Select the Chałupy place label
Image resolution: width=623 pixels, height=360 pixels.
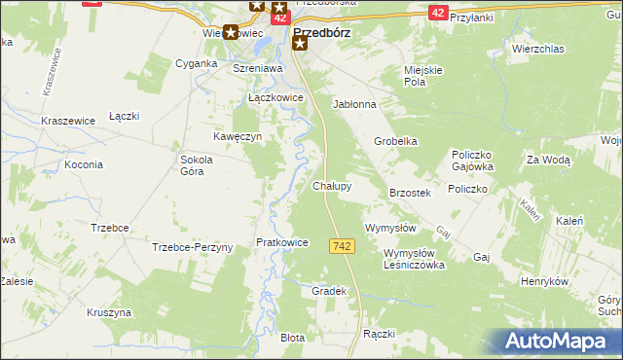(x=332, y=185)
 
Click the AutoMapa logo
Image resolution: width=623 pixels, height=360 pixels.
(x=560, y=341)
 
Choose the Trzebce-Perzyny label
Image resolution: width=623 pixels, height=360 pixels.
(x=193, y=247)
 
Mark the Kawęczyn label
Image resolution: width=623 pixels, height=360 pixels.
(x=238, y=137)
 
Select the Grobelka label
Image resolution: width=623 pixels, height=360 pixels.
(x=396, y=141)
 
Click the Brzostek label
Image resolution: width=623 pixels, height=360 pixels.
(x=410, y=194)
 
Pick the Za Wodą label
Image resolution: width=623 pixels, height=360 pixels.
(x=547, y=159)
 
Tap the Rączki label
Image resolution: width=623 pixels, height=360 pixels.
(x=378, y=334)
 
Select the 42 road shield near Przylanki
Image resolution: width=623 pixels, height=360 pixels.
(x=438, y=12)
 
